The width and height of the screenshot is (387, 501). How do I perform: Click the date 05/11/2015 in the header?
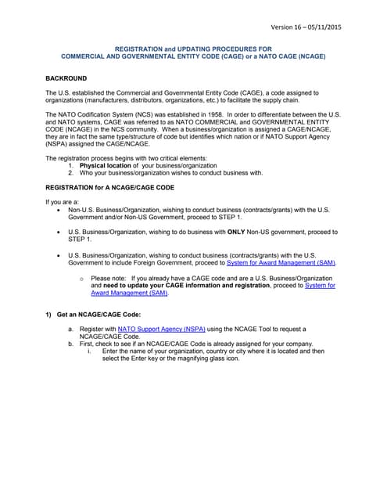pos(343,27)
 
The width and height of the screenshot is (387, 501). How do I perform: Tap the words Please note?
pos(109,278)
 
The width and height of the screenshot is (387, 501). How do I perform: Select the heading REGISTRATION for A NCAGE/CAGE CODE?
pos(109,188)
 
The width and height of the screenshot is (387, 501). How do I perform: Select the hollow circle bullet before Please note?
pos(82,279)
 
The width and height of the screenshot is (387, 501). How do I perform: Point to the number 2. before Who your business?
pos(71,173)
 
